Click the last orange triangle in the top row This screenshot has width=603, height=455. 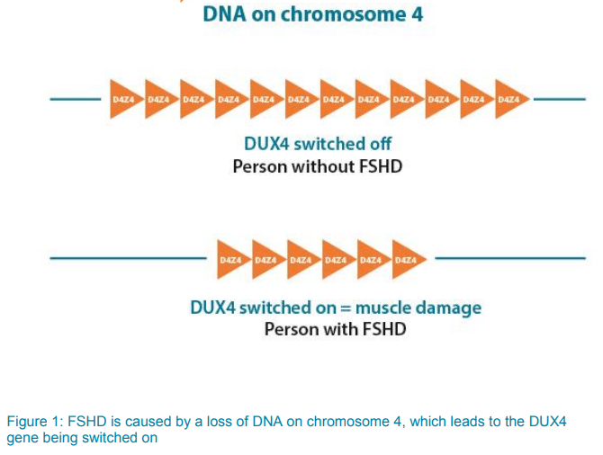click(x=510, y=99)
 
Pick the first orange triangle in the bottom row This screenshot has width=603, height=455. click(x=232, y=260)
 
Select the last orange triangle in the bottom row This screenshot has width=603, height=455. click(x=408, y=260)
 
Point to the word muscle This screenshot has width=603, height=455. click(x=382, y=308)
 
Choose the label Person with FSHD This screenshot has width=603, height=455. click(x=335, y=330)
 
